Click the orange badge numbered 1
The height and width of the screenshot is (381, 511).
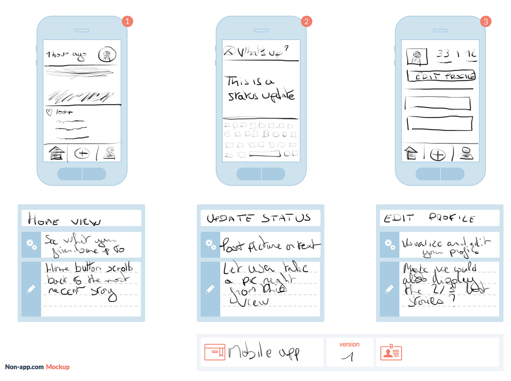click(127, 22)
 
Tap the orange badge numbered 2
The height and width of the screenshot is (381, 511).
click(306, 22)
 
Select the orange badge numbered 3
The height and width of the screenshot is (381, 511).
click(485, 22)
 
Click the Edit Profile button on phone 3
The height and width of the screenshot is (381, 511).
click(441, 77)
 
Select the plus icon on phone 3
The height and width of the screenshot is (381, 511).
click(437, 154)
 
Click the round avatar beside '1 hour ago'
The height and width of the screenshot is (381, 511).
click(107, 54)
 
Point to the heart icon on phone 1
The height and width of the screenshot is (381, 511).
click(49, 113)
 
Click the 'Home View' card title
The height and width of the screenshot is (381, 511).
click(64, 220)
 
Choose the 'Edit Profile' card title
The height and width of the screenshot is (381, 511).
click(429, 219)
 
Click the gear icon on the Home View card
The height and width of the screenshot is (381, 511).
click(31, 245)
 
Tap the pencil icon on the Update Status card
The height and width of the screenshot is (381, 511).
click(210, 289)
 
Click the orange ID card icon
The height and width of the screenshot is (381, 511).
click(391, 352)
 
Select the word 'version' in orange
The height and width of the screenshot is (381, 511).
click(349, 344)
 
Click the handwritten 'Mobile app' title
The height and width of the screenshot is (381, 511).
click(264, 353)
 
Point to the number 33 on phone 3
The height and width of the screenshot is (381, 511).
click(443, 54)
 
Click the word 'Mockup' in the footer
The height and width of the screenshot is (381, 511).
click(57, 367)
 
